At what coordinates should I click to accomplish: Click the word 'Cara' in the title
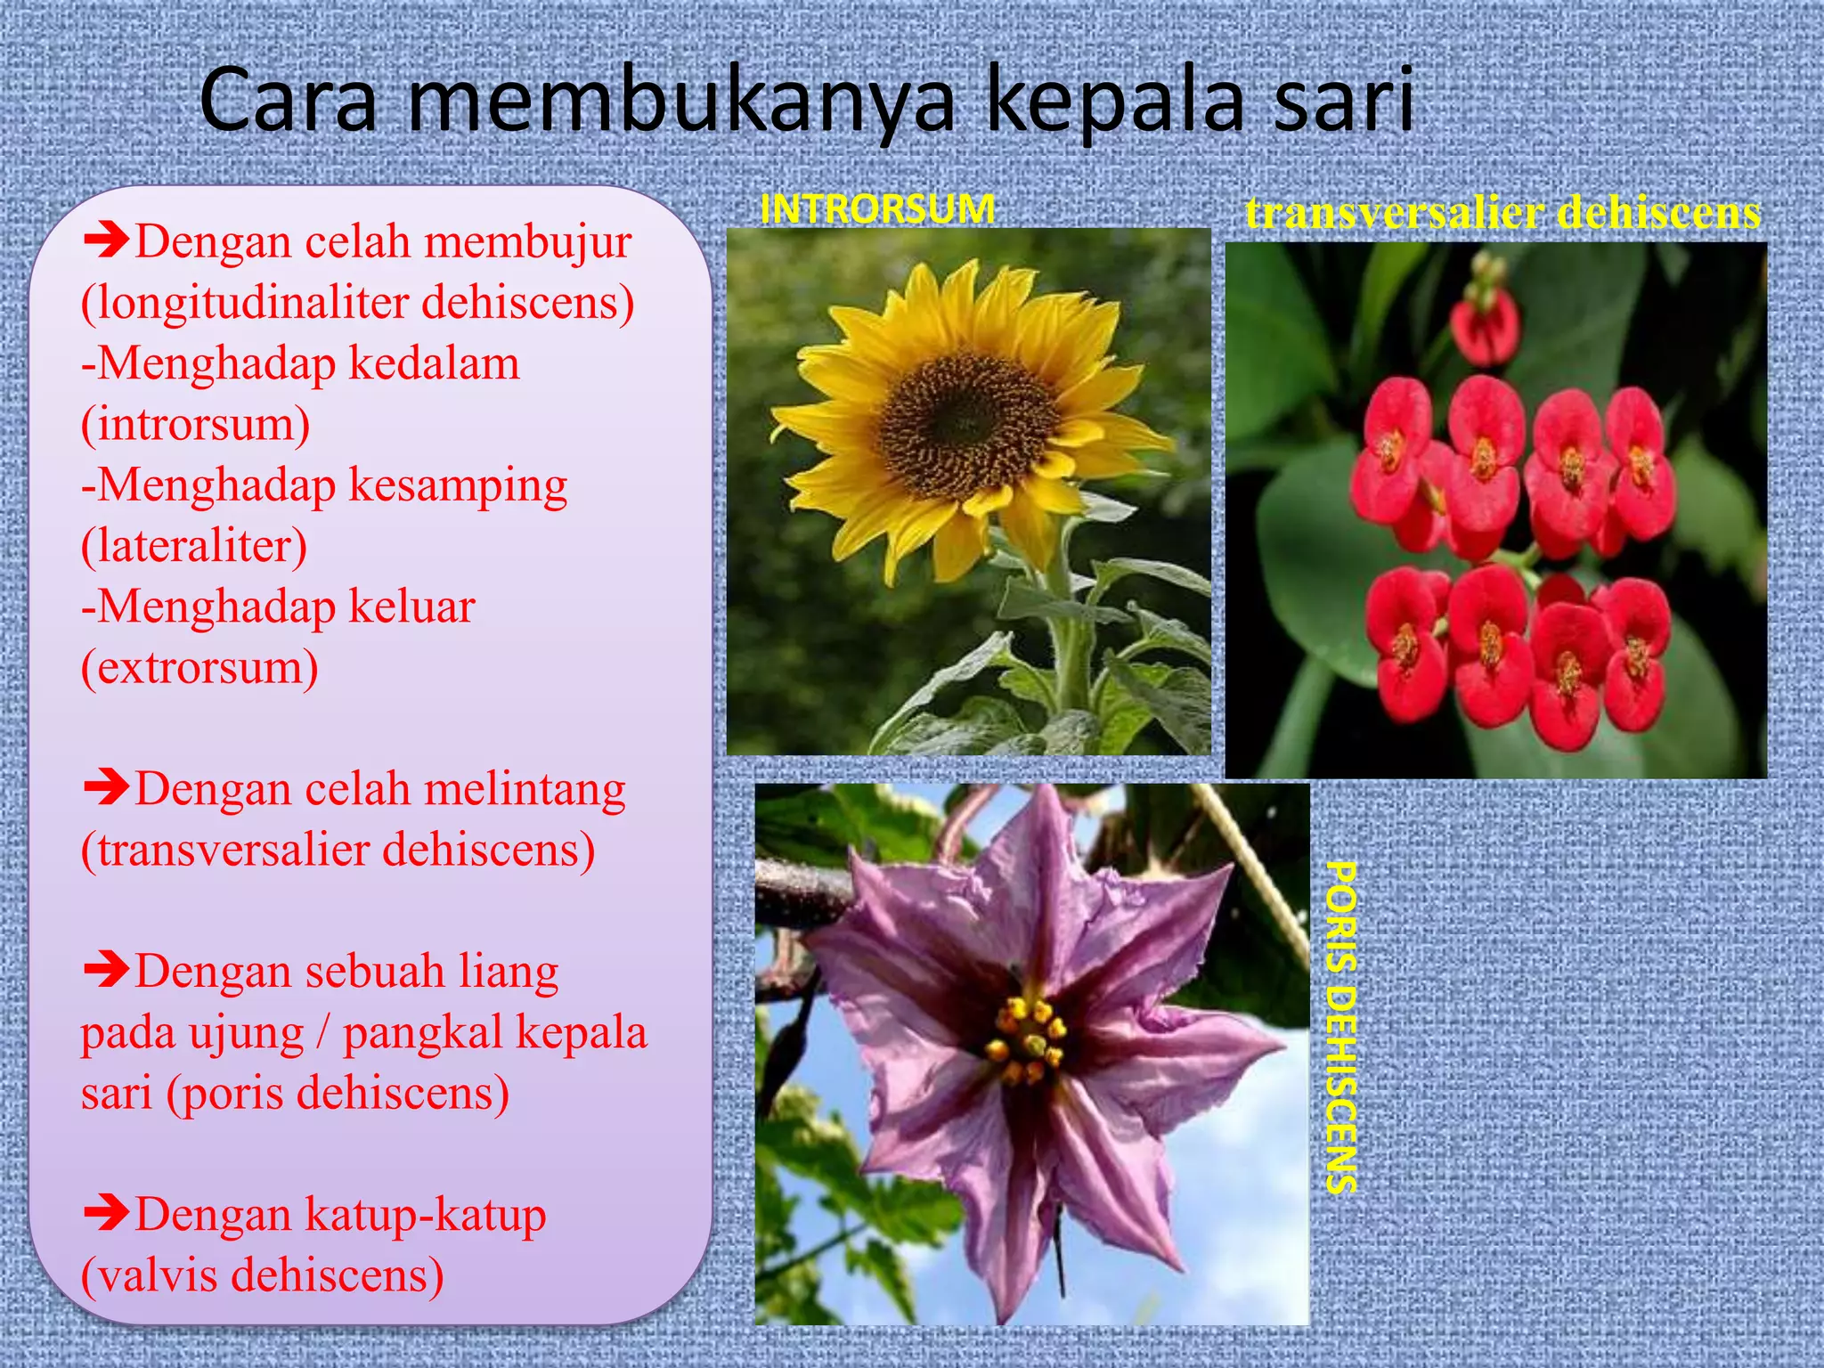click(288, 101)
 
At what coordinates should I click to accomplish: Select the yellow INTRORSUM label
click(877, 209)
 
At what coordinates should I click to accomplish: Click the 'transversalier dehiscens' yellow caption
click(1502, 214)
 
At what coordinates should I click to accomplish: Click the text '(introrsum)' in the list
click(195, 424)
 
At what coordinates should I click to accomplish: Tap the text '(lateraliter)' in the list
click(194, 546)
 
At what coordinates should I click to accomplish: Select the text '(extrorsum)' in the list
click(199, 667)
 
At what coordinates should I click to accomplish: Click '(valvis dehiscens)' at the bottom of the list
click(262, 1274)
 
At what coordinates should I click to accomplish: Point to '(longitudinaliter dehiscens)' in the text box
click(357, 303)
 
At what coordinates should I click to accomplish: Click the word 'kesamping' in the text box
click(458, 485)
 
